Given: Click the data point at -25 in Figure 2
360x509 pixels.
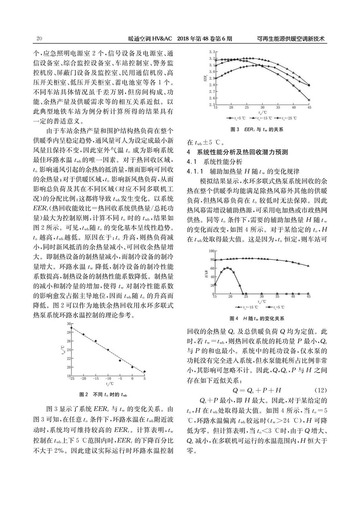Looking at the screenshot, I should click(72, 328).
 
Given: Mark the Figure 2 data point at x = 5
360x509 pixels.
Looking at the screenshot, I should click(144, 371).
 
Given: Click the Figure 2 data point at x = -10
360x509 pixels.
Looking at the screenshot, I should click(108, 350).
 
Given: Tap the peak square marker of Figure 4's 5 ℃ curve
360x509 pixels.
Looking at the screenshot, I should click(228, 268).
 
